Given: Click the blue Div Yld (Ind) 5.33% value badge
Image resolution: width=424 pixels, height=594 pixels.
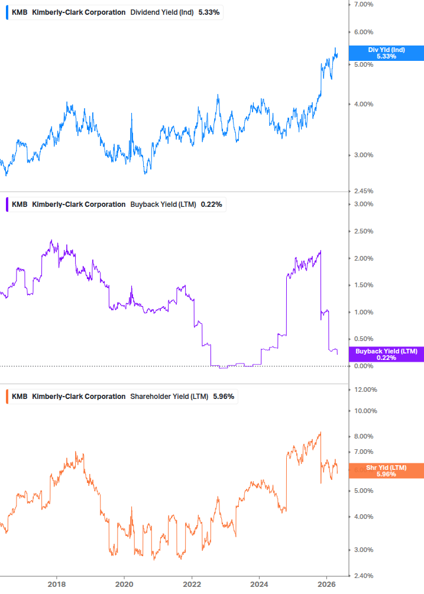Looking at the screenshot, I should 386,53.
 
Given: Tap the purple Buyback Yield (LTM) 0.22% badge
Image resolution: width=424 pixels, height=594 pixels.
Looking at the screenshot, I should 386,355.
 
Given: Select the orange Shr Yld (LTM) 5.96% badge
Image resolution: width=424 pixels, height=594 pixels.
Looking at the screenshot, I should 386,470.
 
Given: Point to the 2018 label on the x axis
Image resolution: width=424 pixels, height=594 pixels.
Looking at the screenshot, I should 57,585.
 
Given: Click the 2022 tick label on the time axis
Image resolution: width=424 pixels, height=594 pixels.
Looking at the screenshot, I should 192,585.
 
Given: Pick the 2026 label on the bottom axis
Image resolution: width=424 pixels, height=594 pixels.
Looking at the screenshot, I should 327,585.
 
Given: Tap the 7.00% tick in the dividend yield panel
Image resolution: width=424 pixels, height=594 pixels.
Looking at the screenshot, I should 362,5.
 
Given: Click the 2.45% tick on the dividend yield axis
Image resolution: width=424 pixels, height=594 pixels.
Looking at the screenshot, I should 362,191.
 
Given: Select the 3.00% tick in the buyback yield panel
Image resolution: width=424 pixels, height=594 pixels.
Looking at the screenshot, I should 362,205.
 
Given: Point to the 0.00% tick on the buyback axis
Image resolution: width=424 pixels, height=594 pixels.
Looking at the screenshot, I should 362,366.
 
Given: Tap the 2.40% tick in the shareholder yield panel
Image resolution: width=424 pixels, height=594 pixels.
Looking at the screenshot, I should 362,575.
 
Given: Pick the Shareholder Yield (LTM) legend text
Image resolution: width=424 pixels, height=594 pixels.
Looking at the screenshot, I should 169,397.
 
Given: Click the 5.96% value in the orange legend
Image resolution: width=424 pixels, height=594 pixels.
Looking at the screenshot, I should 224,397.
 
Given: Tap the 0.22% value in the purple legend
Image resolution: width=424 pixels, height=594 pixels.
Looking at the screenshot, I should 211,205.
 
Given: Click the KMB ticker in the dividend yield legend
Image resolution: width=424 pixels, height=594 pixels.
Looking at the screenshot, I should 20,12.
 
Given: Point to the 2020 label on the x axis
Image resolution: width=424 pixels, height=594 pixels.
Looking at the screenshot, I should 124,585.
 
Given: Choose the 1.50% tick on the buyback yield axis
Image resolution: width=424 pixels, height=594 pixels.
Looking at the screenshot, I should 362,285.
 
